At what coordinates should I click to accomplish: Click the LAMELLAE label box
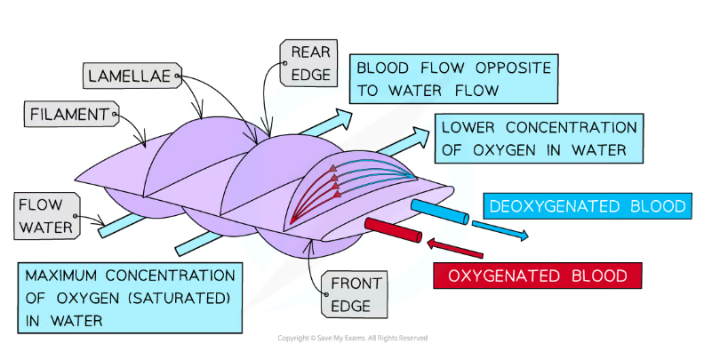131,76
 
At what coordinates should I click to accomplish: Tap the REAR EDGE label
305,63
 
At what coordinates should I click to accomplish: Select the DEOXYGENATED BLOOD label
588,207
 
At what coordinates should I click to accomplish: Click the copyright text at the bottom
352,338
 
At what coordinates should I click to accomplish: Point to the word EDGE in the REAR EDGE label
305,75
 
